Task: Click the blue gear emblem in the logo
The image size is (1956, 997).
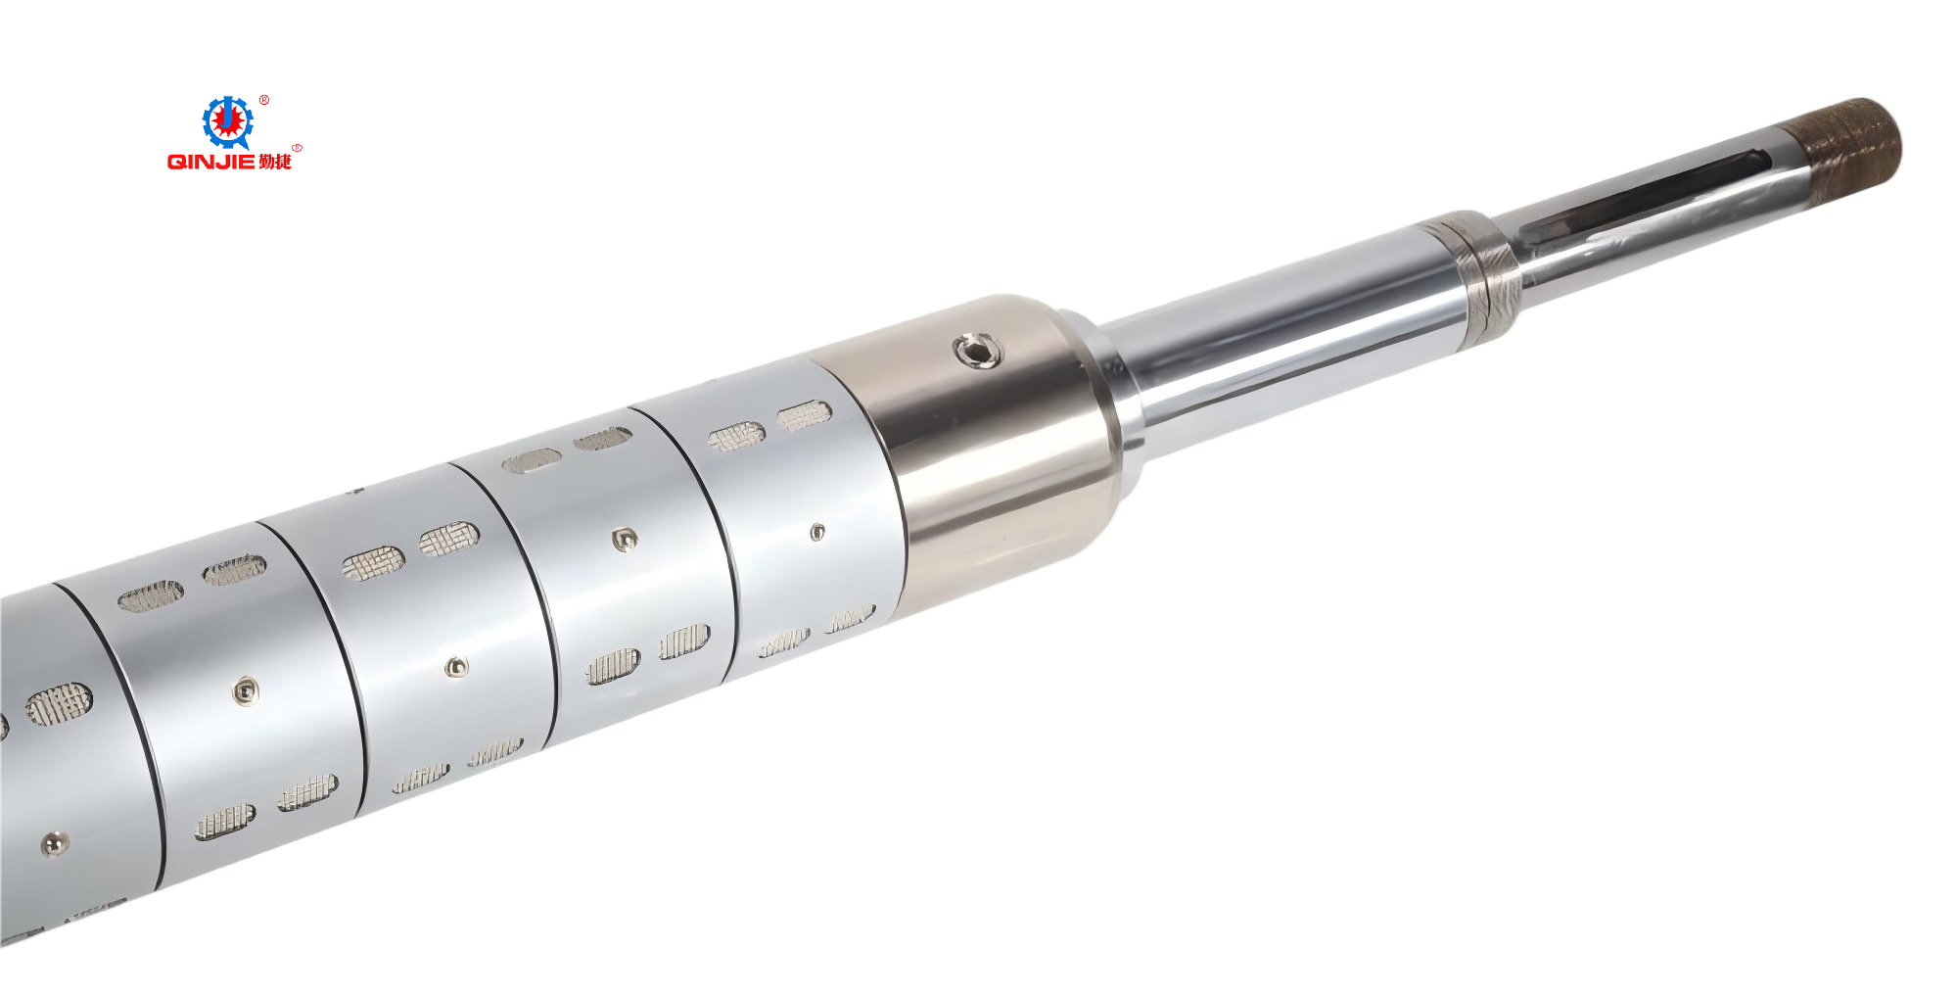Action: [227, 122]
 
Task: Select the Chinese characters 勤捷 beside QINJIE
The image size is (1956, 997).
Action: [275, 162]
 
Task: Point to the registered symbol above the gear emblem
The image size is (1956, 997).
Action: [264, 100]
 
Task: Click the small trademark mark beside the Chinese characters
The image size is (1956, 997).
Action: [297, 148]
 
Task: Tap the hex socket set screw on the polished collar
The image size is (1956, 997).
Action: [977, 350]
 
